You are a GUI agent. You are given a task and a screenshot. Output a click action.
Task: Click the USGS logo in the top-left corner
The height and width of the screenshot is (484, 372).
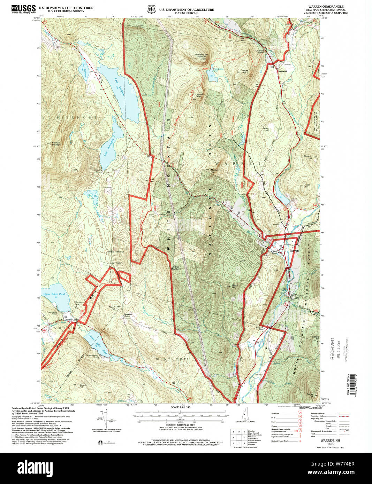23,9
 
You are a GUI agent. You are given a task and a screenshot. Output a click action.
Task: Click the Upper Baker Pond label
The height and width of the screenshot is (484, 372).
54,294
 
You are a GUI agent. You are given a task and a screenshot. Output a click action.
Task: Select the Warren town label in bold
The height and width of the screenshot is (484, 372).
294,250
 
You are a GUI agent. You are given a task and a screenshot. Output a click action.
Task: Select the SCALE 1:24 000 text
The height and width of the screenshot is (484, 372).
181,407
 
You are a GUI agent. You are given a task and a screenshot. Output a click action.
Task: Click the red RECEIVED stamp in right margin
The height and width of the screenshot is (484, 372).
332,348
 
